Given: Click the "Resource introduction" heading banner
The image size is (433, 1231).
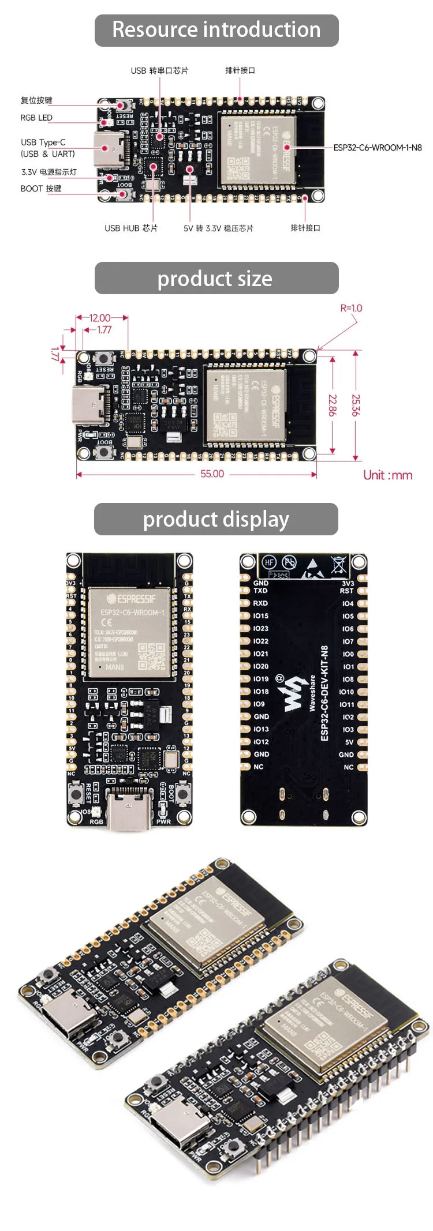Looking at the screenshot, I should tap(216, 30).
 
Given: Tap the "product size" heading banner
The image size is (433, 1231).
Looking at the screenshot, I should tap(216, 279).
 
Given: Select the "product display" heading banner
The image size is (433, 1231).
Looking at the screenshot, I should tap(216, 519).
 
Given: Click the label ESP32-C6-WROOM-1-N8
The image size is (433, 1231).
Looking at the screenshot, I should tap(378, 148).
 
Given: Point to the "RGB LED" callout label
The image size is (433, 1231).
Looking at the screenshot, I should tap(36, 118).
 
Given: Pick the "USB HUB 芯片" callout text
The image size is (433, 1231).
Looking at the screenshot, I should tap(131, 228).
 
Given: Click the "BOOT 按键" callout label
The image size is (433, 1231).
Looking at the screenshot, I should tap(41, 189).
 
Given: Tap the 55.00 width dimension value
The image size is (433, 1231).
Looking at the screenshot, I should tap(212, 474).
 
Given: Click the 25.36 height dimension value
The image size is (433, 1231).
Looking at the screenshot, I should tap(356, 406).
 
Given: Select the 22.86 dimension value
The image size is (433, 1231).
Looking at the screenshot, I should tap(333, 406).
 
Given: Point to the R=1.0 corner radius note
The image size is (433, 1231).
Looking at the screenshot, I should tap(351, 308).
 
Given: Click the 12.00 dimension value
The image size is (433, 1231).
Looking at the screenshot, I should tap(100, 318).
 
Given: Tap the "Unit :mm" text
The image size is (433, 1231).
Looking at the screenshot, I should tap(387, 475).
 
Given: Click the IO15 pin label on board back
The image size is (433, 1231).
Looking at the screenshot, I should tap(261, 616).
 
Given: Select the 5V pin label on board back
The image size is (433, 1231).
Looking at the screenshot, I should tap(349, 742).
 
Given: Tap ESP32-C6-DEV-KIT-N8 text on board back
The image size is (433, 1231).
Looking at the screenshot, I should tap(324, 693).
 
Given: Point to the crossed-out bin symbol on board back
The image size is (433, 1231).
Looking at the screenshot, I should tap(338, 564).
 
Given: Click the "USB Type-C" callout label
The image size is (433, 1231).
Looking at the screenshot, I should tap(43, 142).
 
